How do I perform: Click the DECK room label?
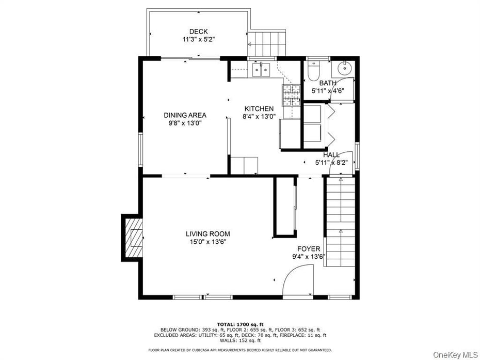(x=198, y=32)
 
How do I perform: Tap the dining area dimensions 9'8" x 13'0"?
(x=185, y=123)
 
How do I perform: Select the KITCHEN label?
(x=259, y=108)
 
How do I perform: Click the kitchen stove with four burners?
(x=291, y=94)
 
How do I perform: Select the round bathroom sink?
(x=344, y=68)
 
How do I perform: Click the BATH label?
(x=328, y=83)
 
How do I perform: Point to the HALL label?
(x=331, y=154)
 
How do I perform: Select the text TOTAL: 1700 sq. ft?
(x=239, y=323)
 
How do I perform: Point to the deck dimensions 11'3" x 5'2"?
(x=198, y=39)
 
